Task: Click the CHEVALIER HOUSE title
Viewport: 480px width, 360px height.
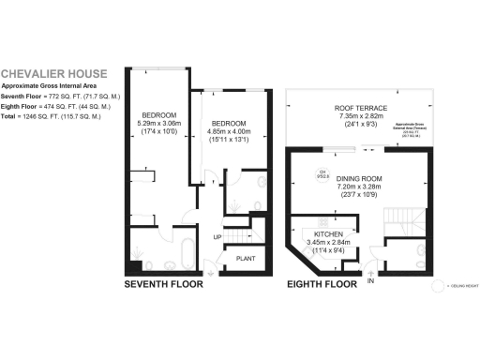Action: click(53, 73)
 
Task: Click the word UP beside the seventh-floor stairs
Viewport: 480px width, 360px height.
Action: click(217, 238)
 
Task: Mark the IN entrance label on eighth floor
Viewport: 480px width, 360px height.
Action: click(371, 279)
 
